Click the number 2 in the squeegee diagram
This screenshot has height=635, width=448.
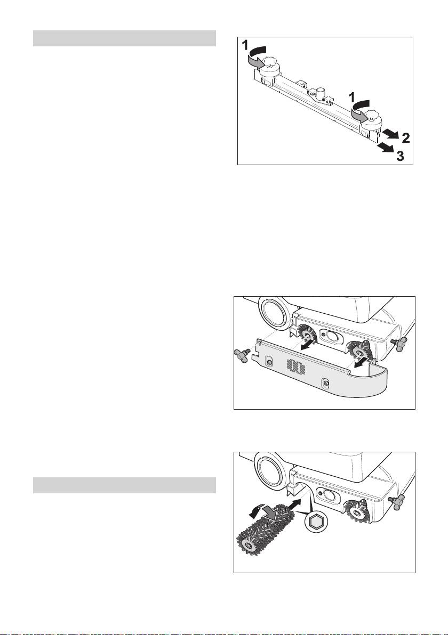tap(405, 139)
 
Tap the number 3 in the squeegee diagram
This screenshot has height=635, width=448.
tap(400, 156)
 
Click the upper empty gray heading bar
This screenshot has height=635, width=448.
tap(124, 38)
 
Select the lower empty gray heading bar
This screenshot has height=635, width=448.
tap(124, 485)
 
